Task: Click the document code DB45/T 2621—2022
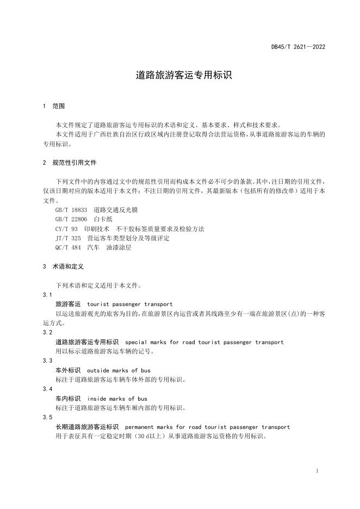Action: pyautogui.click(x=298, y=47)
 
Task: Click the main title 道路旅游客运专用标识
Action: pyautogui.click(x=184, y=75)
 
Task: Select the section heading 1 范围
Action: pyautogui.click(x=54, y=105)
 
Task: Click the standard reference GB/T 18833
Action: pyautogui.click(x=71, y=209)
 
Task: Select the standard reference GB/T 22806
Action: pyautogui.click(x=71, y=219)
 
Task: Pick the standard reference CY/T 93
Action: pyautogui.click(x=67, y=229)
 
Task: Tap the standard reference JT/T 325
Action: pyautogui.click(x=68, y=238)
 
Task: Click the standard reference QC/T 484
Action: pyautogui.click(x=68, y=247)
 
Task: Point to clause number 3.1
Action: pyautogui.click(x=47, y=294)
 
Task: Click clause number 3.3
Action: pyautogui.click(x=47, y=361)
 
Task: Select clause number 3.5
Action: pyautogui.click(x=47, y=417)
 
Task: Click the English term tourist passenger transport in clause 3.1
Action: pyautogui.click(x=129, y=304)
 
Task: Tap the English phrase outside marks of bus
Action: pyautogui.click(x=120, y=370)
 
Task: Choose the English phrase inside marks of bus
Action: pyautogui.click(x=117, y=399)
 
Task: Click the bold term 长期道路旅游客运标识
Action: pyautogui.click(x=87, y=427)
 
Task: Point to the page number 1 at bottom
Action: pyautogui.click(x=316, y=471)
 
